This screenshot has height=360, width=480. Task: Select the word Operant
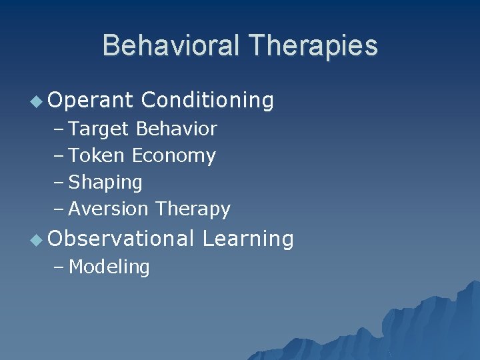pyautogui.click(x=91, y=100)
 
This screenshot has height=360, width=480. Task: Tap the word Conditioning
pyautogui.click(x=207, y=100)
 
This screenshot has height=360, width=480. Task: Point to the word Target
pyautogui.click(x=99, y=129)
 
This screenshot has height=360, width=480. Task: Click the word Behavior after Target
pyautogui.click(x=176, y=129)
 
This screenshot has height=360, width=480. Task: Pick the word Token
pyautogui.click(x=97, y=155)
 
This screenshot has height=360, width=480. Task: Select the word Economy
pyautogui.click(x=174, y=156)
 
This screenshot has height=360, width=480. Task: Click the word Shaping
pyautogui.click(x=105, y=183)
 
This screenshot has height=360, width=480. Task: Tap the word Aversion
pyautogui.click(x=109, y=209)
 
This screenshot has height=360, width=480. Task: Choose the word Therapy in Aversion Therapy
pyautogui.click(x=193, y=209)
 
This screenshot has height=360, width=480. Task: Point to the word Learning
pyautogui.click(x=247, y=239)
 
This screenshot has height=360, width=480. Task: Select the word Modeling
pyautogui.click(x=109, y=267)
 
